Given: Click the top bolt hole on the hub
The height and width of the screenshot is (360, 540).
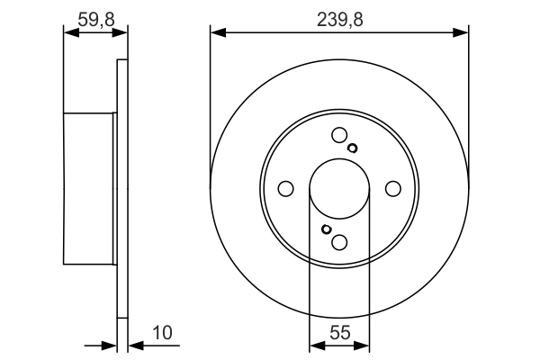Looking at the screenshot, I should pos(339,136).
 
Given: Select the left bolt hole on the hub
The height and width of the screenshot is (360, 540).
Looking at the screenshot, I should pos(286,189).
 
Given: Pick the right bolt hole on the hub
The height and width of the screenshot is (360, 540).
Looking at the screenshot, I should pos(392,189).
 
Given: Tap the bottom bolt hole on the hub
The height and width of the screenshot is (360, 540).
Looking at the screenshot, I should pos(339,242).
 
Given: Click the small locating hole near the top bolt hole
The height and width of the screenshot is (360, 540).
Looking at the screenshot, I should pos(352,148).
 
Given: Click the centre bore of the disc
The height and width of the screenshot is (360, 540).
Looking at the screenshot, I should pos(339,189).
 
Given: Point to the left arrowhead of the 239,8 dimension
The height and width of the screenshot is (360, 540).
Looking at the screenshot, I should pos(216,32).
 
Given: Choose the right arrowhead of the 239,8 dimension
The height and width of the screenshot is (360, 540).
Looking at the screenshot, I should pos(463,32).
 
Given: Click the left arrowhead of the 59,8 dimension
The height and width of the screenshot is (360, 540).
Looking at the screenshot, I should pos(69,32).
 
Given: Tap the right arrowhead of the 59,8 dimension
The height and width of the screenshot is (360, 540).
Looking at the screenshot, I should pos(121,32).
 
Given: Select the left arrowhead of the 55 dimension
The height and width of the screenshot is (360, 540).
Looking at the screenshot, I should pos(315,345).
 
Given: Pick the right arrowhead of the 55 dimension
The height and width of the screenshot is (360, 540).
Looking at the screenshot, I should pos(364,345).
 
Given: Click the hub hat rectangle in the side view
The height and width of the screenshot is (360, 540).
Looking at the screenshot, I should pos(90,189).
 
